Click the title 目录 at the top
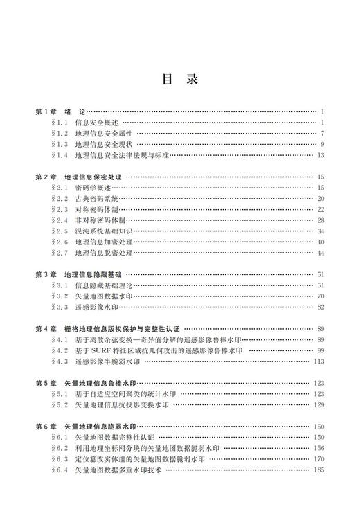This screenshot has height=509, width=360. coord(180,80)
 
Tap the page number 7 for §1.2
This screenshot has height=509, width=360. coord(323,134)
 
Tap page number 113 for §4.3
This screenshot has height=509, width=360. coord(319,361)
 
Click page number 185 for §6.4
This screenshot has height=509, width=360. coord(319,470)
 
